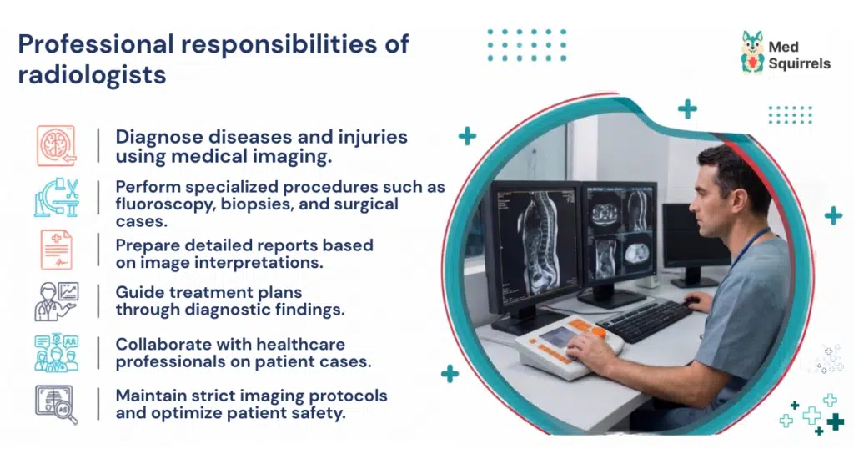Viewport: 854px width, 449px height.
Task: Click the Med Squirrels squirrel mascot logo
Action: pyautogui.click(x=753, y=52)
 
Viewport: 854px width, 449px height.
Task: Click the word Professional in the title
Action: pyautogui.click(x=96, y=44)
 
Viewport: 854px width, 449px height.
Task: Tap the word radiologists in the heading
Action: pyautogui.click(x=92, y=75)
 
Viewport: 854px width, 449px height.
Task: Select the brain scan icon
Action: pyautogui.click(x=57, y=145)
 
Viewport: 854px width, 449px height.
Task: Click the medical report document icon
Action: pyautogui.click(x=57, y=250)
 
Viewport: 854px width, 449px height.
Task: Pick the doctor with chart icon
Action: pyautogui.click(x=57, y=301)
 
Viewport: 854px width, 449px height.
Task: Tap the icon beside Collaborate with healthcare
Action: pyautogui.click(x=57, y=353)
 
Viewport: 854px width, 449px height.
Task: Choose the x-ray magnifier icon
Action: pyautogui.click(x=57, y=405)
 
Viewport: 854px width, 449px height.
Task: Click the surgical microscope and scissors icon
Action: pyautogui.click(x=57, y=197)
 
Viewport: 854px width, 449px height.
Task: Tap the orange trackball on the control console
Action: pyautogui.click(x=598, y=332)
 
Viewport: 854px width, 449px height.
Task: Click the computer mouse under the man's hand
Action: pyautogui.click(x=691, y=300)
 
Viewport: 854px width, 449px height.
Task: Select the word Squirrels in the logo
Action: pyautogui.click(x=800, y=64)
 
